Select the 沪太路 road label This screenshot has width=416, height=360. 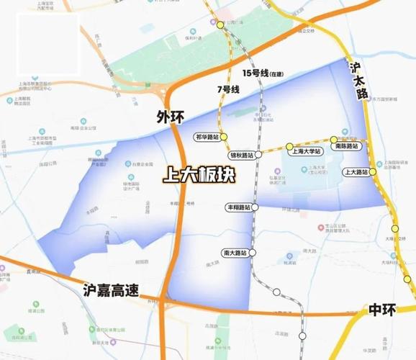pyautogui.click(x=357, y=79)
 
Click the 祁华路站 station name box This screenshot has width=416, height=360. pyautogui.click(x=207, y=136)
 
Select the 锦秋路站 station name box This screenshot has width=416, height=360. pyautogui.click(x=241, y=155)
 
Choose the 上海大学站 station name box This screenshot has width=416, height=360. pyautogui.click(x=304, y=153)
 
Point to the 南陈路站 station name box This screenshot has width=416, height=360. pyautogui.click(x=346, y=146)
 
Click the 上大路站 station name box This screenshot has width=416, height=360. pyautogui.click(x=356, y=172)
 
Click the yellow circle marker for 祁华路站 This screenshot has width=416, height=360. pyautogui.click(x=224, y=136)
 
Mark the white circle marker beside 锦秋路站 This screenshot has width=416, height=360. pyautogui.click(x=258, y=154)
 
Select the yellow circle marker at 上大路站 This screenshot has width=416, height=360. pyautogui.click(x=374, y=172)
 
